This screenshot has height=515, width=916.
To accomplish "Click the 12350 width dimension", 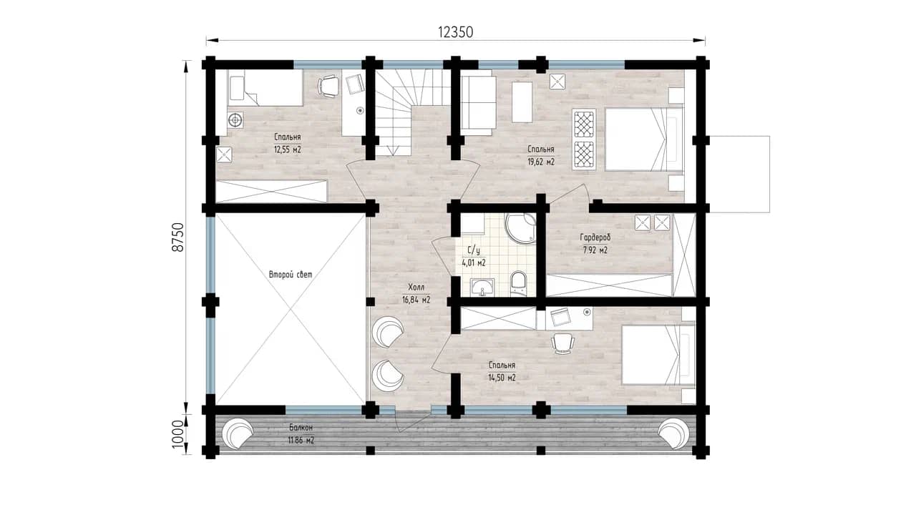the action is click(x=456, y=32).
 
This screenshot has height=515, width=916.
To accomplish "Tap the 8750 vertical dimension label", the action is click(x=179, y=237).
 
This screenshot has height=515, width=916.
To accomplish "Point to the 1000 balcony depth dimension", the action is click(x=179, y=434).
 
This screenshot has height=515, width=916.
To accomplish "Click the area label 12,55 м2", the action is click(x=288, y=149).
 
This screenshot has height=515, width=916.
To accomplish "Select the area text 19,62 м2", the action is click(x=541, y=162).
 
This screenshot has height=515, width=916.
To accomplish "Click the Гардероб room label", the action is click(x=595, y=237).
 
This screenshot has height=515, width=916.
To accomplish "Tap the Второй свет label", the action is click(x=291, y=274).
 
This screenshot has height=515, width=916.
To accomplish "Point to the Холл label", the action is click(x=416, y=287).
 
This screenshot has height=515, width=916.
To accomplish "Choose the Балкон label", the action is click(x=301, y=428).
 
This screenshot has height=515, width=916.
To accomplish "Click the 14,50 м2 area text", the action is click(x=502, y=378).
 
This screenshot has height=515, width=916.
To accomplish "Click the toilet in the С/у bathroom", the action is click(x=519, y=283).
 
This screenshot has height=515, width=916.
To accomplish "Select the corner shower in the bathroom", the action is click(x=520, y=228).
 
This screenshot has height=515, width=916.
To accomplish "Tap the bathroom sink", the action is click(x=482, y=288).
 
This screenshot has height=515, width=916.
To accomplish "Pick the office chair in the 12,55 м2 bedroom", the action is click(x=328, y=87).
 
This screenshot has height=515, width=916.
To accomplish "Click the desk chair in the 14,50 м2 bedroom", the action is click(x=562, y=343).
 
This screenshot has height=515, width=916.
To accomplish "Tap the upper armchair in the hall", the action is click(x=387, y=332).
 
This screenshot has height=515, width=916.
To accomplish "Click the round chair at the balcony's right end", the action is click(x=674, y=435).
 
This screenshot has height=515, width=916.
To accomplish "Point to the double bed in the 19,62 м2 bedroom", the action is click(x=644, y=139).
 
